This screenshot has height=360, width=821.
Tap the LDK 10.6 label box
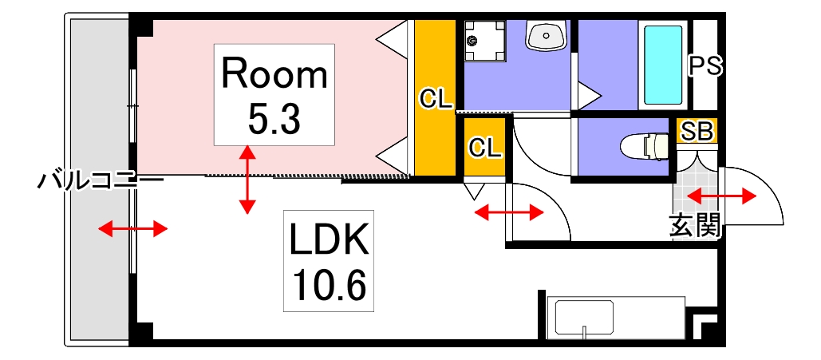point(328,261)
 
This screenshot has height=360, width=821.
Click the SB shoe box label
point(697,132)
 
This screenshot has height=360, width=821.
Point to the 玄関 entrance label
point(695,227)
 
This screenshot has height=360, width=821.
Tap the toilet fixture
point(647,147)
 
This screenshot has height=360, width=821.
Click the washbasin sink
point(546,36)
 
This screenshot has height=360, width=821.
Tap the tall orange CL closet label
point(436,99)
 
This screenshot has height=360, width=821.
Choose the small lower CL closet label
point(484,147)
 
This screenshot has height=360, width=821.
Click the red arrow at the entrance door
point(721,196)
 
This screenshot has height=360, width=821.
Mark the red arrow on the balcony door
point(133,230)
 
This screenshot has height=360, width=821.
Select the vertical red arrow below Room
point(248,180)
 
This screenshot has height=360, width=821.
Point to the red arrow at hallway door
point(509,212)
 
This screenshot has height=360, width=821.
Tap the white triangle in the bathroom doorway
point(589,95)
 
